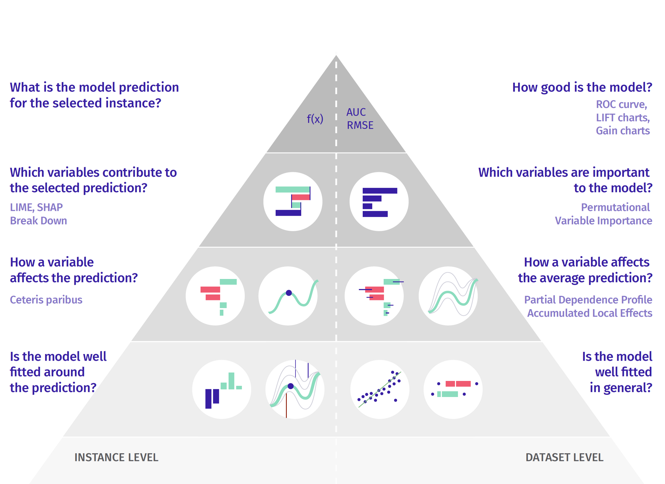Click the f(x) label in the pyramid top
point(315,119)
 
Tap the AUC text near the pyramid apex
point(356,112)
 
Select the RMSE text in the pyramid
point(360,125)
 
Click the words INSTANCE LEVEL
point(116,457)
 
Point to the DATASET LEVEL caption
point(564,457)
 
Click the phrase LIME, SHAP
point(36,207)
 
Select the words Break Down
point(39,221)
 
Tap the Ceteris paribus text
point(46,299)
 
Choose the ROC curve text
point(621,104)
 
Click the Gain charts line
point(623,130)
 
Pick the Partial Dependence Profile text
point(588,299)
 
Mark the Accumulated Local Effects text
point(589,313)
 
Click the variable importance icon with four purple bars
point(379,202)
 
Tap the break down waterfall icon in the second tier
point(293,202)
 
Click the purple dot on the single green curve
point(289,293)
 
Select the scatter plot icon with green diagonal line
point(380,389)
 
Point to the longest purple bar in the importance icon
point(380,191)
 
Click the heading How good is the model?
point(582,87)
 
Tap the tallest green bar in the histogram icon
point(231,381)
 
